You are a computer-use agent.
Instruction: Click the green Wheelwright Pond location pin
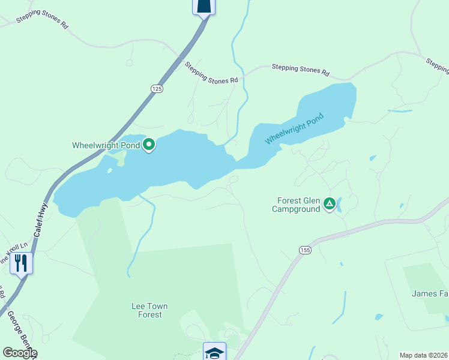148,145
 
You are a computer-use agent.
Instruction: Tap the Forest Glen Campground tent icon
329,204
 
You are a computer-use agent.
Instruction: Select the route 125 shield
156,88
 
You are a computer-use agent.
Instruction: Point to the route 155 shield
305,249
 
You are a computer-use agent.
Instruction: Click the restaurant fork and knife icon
21,262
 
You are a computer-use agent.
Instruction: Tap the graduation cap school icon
214,352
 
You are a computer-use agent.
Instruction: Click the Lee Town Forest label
149,310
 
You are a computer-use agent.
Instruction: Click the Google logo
19,353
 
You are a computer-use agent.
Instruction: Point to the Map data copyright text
424,355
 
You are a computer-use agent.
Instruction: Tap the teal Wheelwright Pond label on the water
294,128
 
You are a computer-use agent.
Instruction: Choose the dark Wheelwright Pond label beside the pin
106,145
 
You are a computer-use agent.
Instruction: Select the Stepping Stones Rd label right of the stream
300,70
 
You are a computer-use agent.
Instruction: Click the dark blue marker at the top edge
203,6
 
